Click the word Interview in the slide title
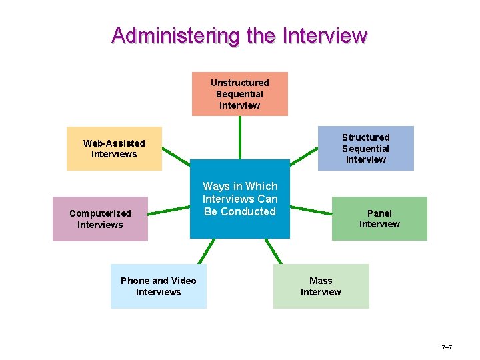325,35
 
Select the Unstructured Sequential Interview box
240,94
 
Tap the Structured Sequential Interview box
365,148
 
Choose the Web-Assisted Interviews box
114,149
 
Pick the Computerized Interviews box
100,219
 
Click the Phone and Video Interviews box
158,286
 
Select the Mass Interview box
321,286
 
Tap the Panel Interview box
379,219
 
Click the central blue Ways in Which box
240,199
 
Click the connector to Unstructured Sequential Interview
240,137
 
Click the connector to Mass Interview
274,251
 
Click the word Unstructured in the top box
240,83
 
